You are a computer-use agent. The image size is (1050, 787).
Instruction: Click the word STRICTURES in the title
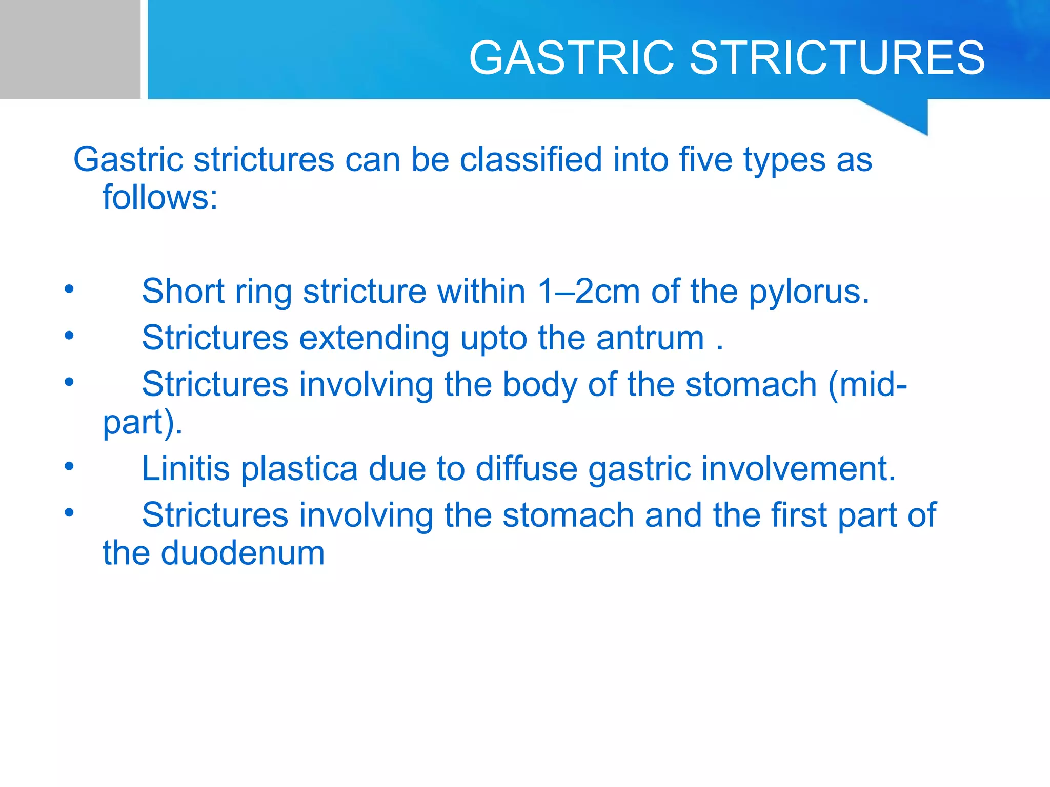(837, 57)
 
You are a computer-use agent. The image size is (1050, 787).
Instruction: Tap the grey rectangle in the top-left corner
(70, 49)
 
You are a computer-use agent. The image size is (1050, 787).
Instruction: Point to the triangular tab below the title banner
(907, 115)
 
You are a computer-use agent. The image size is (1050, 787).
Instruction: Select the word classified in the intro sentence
(530, 159)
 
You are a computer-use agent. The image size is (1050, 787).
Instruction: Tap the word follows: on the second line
(160, 197)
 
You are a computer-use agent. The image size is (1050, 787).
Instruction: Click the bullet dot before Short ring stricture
(69, 289)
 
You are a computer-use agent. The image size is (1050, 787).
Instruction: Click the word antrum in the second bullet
(650, 338)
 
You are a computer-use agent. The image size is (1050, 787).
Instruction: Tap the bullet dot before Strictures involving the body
(69, 382)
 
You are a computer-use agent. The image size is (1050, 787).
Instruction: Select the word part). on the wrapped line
(142, 423)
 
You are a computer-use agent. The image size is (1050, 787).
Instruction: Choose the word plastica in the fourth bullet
(299, 469)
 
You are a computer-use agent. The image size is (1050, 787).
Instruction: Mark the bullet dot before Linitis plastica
(69, 467)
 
